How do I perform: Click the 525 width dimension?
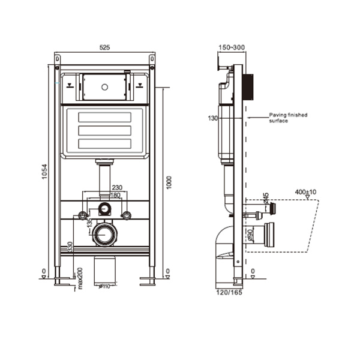click(x=105, y=48)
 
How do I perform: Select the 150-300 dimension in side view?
click(x=232, y=48)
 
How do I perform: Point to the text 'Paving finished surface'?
click(x=287, y=118)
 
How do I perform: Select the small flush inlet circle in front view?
click(x=106, y=209)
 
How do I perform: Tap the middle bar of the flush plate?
click(x=105, y=129)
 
